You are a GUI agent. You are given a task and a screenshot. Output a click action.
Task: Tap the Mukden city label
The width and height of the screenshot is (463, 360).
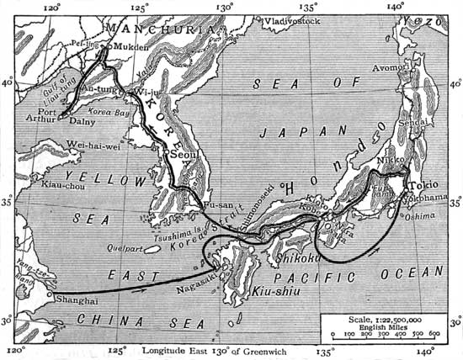point(129,49)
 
